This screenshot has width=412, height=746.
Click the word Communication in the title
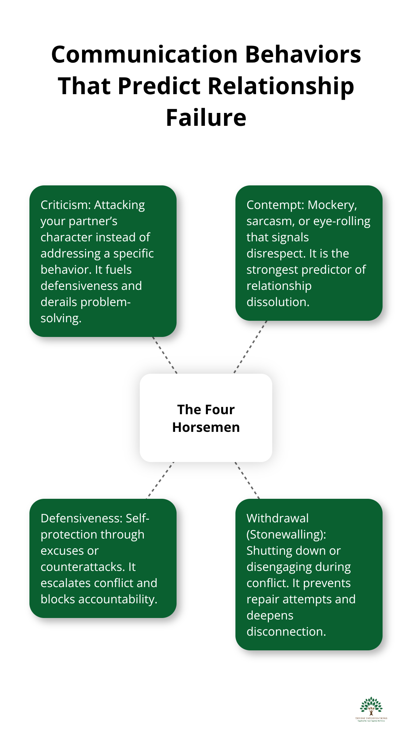[145, 54]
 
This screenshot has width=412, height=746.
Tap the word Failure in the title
[206, 118]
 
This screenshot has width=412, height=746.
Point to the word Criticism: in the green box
[66, 205]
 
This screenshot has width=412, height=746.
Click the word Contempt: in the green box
[275, 205]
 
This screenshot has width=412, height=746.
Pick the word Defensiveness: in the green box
[82, 518]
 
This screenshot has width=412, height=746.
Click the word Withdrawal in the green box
[277, 518]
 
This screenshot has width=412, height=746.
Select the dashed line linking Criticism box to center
[165, 355]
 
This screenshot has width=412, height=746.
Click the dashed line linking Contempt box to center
[250, 347]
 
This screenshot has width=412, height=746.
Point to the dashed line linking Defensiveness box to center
[160, 480]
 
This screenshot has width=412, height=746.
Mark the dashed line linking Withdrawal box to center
[247, 480]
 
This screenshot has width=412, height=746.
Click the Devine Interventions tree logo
[371, 708]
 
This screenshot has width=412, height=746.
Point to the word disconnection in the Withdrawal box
[285, 632]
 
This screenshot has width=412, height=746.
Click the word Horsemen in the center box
[206, 427]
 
